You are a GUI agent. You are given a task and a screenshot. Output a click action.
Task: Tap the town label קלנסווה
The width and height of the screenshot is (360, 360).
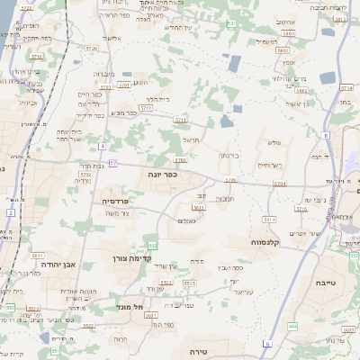click(x=269, y=242)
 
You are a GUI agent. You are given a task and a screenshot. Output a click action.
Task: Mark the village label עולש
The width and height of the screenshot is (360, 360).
click(x=274, y=143)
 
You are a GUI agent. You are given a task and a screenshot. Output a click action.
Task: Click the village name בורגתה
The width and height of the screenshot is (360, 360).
click(x=229, y=155)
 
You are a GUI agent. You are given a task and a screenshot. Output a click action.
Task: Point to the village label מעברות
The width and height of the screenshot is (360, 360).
click(x=103, y=74)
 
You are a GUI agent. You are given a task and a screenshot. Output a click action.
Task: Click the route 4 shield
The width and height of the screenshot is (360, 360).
click(x=103, y=146)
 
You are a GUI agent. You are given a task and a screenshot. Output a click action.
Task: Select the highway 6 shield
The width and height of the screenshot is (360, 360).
click(x=266, y=343)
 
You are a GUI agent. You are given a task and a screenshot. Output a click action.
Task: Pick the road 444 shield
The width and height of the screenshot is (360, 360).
click(x=293, y=326)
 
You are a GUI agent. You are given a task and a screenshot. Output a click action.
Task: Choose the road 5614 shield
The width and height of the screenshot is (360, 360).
click(x=268, y=220)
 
